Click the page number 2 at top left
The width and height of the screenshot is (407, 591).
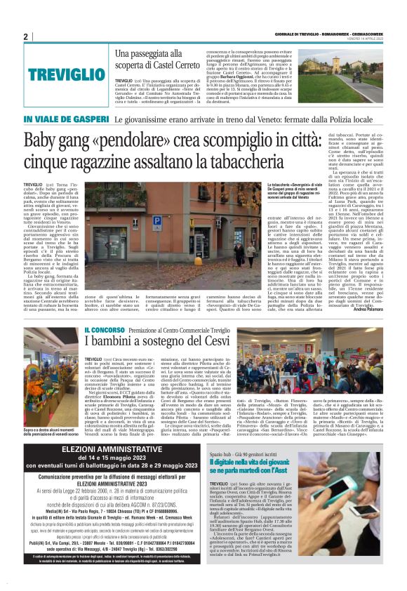(25, 36)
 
